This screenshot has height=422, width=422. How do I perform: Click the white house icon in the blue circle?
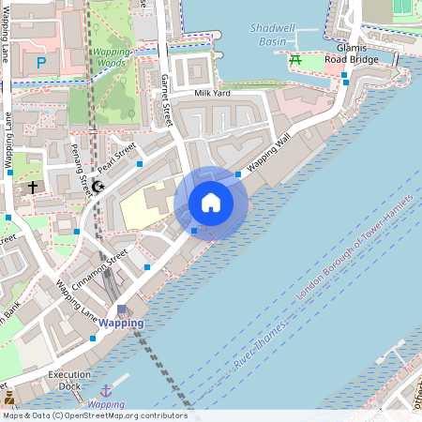(x=211, y=202)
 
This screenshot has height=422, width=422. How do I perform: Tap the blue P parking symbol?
(x=40, y=63)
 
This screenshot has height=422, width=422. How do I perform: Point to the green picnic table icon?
(x=295, y=61)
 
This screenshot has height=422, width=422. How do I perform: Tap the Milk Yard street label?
(x=212, y=93)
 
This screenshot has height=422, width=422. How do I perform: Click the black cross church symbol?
(x=33, y=188)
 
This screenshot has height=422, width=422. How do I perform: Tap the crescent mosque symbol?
(x=98, y=187)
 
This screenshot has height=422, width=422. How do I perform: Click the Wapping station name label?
(x=122, y=324)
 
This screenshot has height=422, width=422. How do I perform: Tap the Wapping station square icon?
(x=121, y=309)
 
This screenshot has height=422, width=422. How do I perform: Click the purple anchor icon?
(x=106, y=389)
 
